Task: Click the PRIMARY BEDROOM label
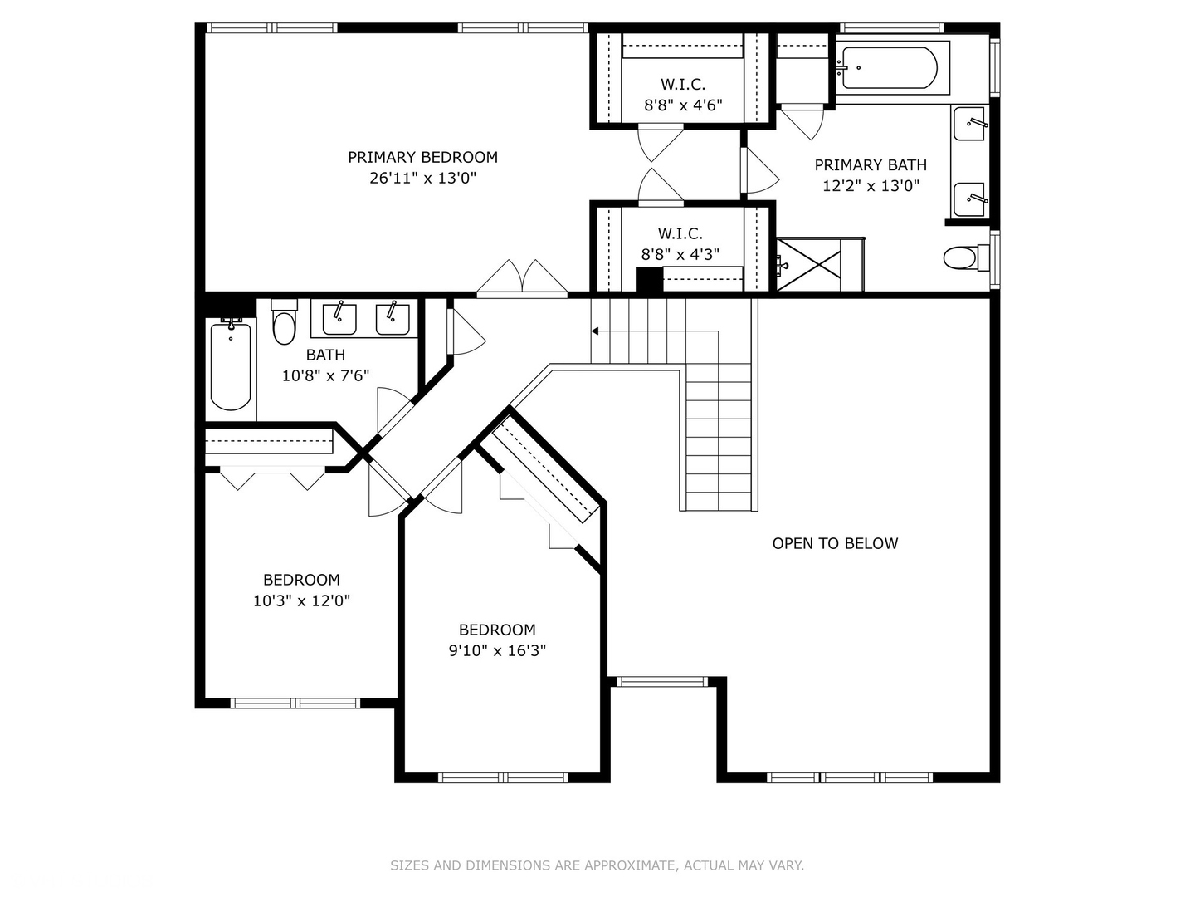[x=422, y=158]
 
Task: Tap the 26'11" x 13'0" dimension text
[x=422, y=178]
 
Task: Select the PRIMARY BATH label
[x=870, y=165]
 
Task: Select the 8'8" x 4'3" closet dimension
[x=680, y=254]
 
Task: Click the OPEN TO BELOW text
[x=835, y=543]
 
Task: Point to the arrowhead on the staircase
[x=595, y=331]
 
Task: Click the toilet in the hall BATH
[x=284, y=322]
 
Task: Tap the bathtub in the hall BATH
[x=231, y=365]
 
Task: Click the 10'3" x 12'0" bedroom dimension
[x=301, y=600]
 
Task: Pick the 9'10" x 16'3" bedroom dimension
[x=497, y=651]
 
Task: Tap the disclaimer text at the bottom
[x=597, y=865]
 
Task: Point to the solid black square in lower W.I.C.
[x=649, y=280]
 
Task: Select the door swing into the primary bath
[x=760, y=170]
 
